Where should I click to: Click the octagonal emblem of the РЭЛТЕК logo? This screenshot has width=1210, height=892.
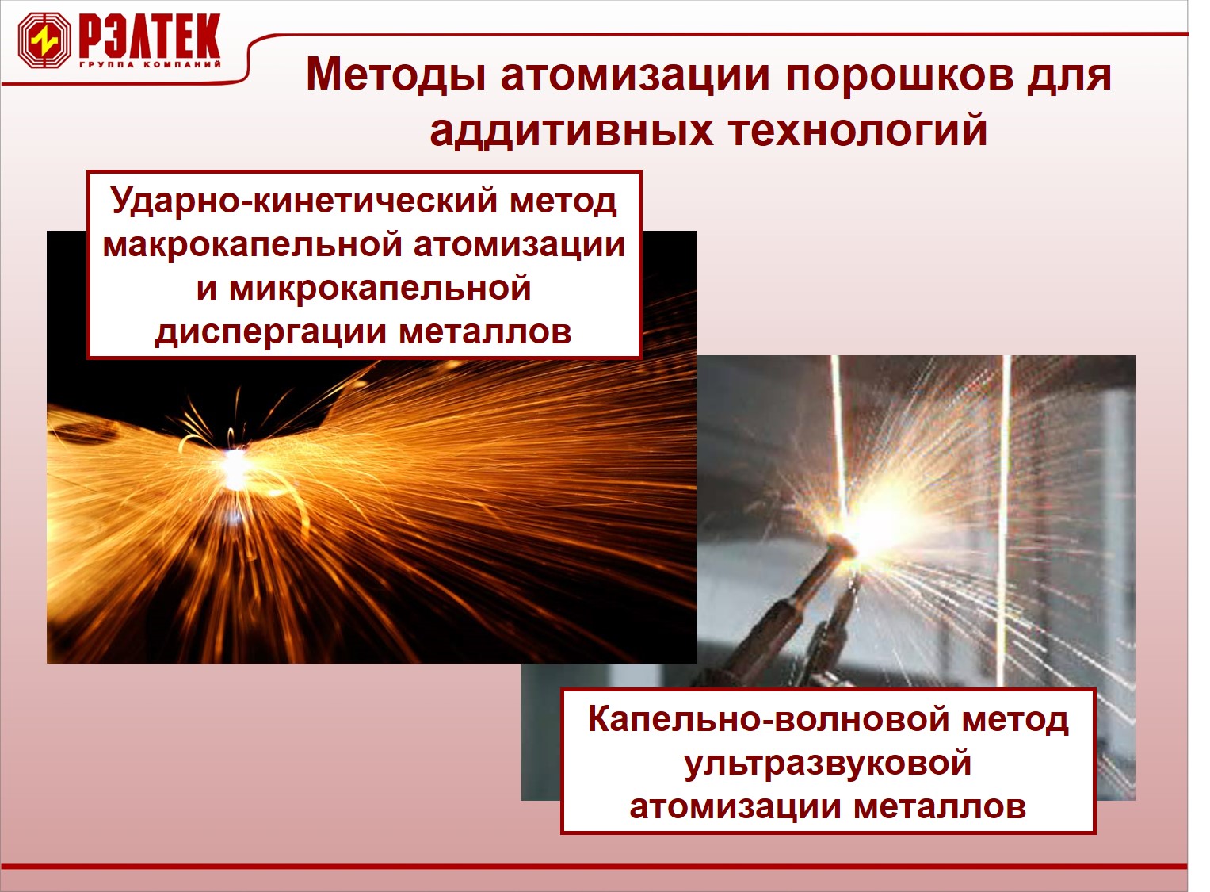[x=44, y=40]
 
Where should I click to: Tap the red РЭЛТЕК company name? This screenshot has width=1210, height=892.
[x=151, y=36]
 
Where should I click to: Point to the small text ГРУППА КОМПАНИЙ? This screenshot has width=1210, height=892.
[x=151, y=65]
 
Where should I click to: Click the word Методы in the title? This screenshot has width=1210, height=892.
[x=395, y=75]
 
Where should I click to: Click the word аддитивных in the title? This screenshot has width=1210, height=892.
[x=571, y=132]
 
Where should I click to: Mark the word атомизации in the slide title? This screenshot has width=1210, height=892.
[x=635, y=75]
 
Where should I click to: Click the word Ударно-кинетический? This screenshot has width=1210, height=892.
[x=304, y=201]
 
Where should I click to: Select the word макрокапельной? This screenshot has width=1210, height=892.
[x=253, y=244]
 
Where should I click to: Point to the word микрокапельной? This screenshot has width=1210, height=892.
[x=380, y=288]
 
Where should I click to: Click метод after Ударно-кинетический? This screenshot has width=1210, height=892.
[x=563, y=201]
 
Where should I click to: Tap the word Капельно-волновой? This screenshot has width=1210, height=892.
[x=769, y=719]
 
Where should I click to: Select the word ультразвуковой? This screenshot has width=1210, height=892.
[x=828, y=764]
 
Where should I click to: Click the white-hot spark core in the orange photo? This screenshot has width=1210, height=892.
[x=235, y=469]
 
